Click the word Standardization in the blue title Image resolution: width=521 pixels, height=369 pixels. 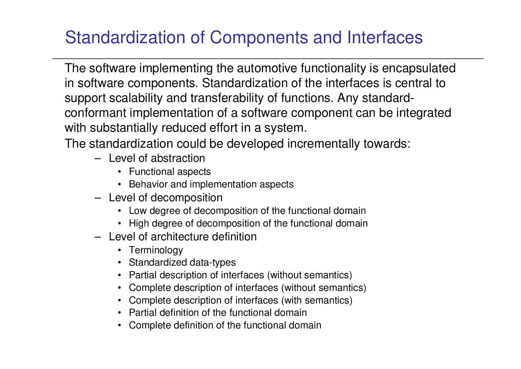pos(125,37)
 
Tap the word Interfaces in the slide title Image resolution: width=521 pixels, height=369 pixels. pos(385,37)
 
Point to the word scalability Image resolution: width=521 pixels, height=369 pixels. pos(136,98)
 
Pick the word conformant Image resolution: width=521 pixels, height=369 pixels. pos(95,113)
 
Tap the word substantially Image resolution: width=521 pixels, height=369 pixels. pos(124,128)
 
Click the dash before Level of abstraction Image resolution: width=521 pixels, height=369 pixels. pos(98,159)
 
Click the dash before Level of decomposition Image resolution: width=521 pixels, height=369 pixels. pos(98,198)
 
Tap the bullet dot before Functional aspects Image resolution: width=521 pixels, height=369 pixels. pos(120,172)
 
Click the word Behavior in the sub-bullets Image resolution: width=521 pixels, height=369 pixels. pos(148,184)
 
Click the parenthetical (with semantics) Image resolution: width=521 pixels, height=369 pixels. pos(317,301)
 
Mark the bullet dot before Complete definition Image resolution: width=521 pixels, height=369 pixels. pos(120,325)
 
